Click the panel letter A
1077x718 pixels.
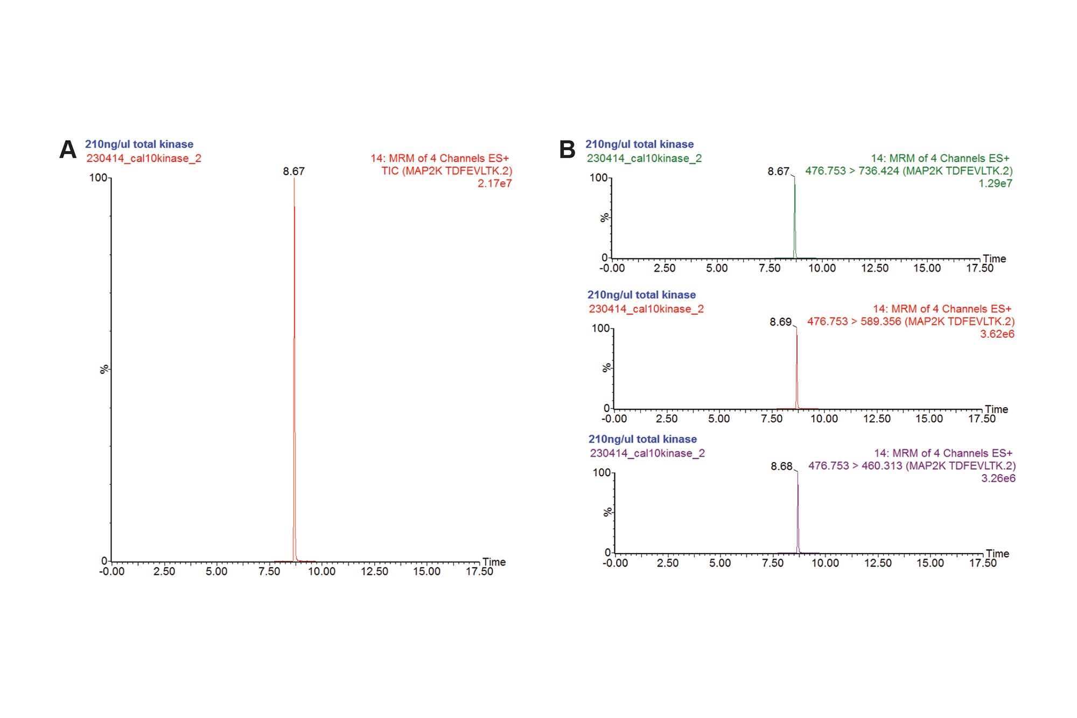68,150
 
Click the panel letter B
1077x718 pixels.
568,150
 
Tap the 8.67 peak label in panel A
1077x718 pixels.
293,171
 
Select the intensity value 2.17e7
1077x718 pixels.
494,184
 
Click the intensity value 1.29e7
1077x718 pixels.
995,184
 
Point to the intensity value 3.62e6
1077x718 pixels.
997,334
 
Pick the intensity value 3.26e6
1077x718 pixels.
998,478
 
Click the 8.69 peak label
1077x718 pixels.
780,322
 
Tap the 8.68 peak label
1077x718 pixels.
781,466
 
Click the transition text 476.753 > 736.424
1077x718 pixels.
852,171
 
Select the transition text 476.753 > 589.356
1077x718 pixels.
854,322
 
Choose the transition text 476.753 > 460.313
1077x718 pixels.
855,466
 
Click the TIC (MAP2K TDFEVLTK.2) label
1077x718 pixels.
446,171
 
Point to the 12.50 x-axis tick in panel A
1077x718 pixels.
374,571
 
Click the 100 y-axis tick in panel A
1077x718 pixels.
97,178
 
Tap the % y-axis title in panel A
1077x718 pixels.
104,369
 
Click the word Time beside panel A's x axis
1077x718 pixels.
494,562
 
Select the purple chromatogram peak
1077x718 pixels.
798,512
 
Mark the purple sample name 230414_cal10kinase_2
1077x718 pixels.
647,454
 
